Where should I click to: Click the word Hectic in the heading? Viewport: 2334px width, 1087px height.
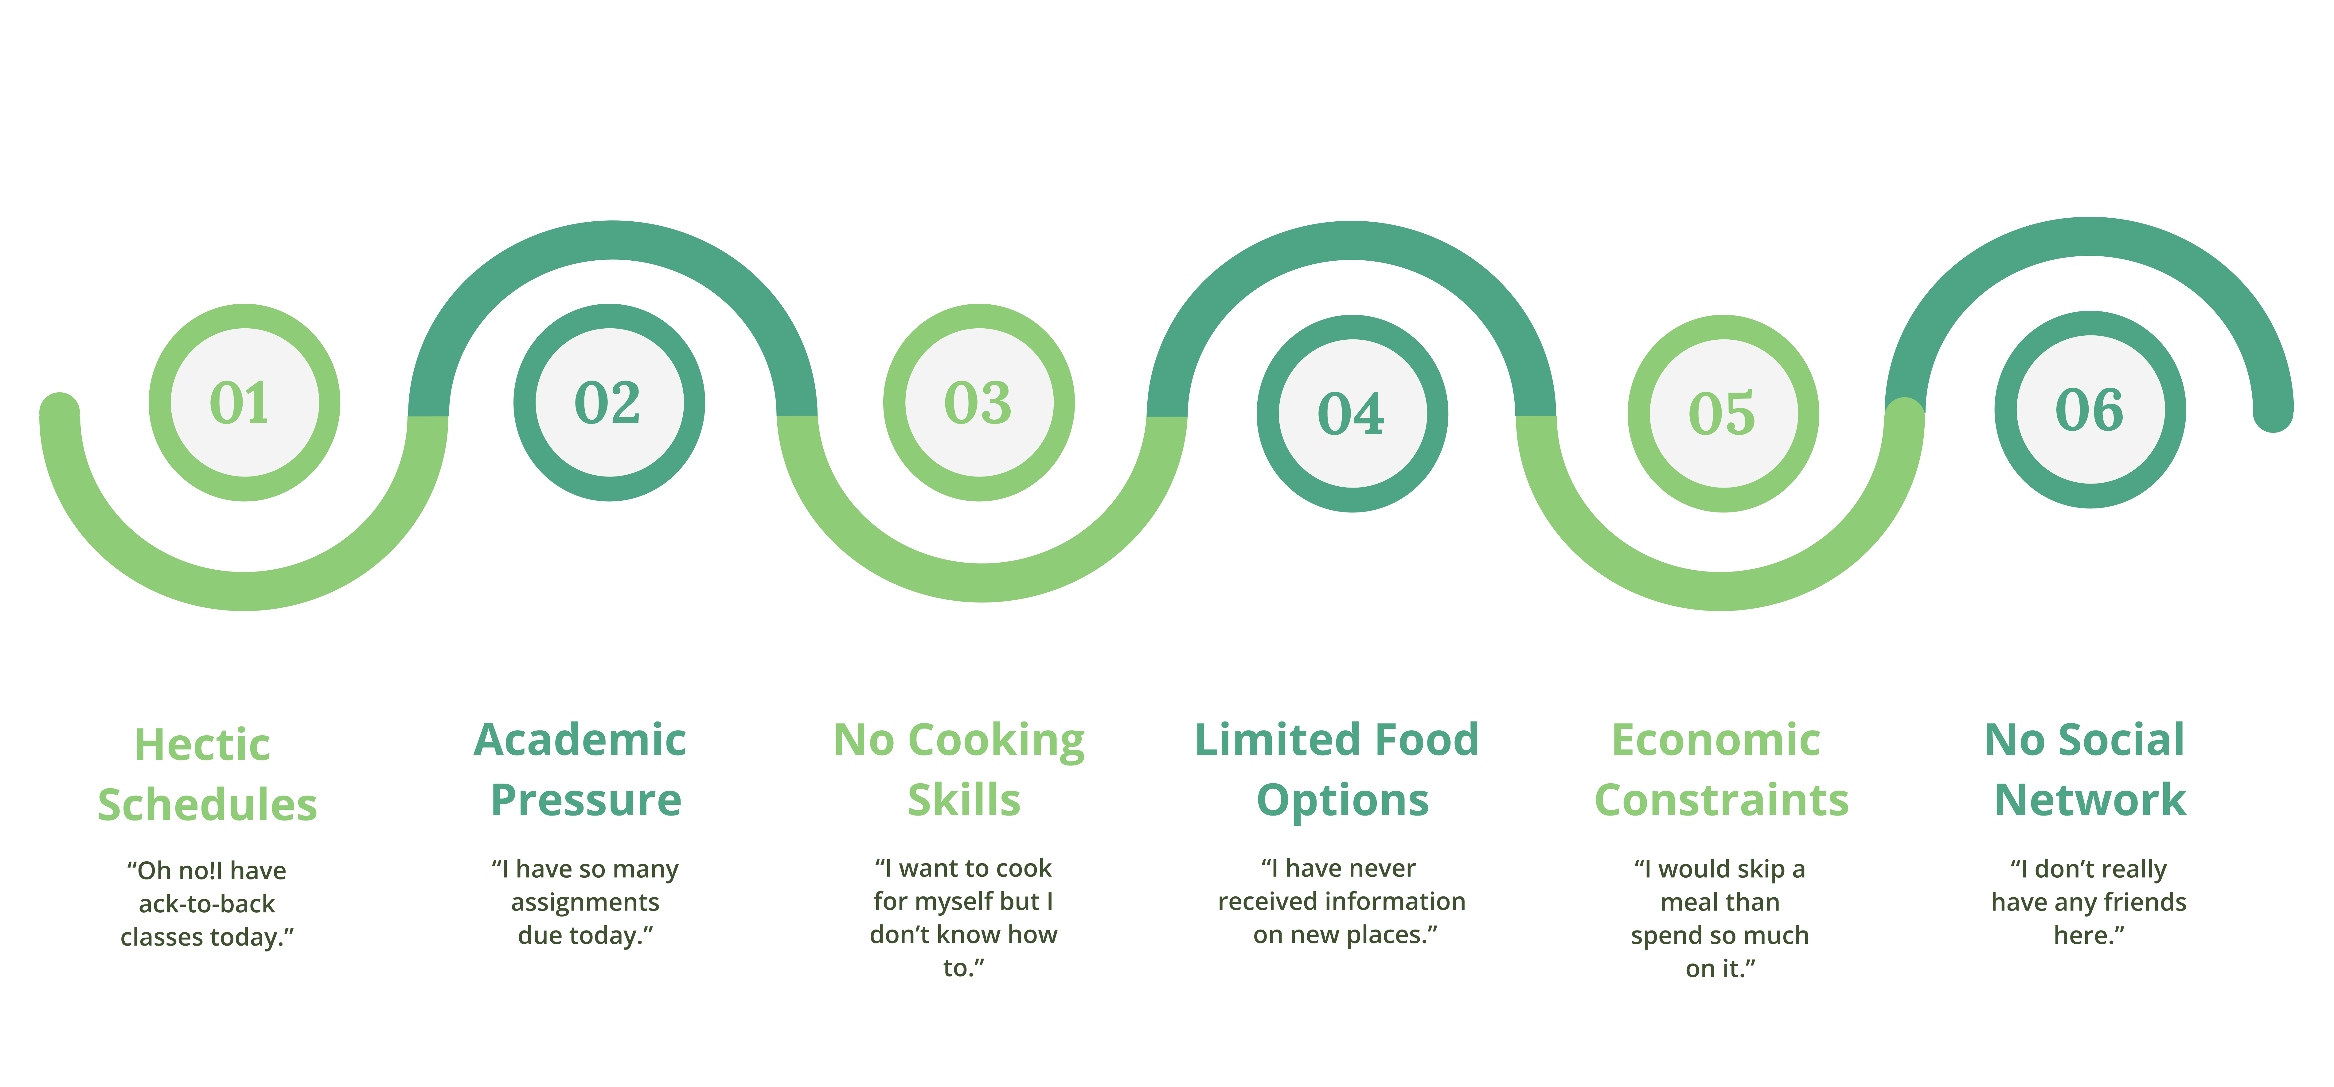pyautogui.click(x=202, y=745)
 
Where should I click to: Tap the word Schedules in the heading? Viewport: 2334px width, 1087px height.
pyautogui.click(x=208, y=804)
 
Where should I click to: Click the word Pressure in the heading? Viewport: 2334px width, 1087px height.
pyautogui.click(x=585, y=800)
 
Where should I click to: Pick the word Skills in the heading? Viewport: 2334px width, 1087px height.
pyautogui.click(x=964, y=800)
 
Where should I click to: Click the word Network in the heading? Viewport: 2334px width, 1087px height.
pyautogui.click(x=2090, y=800)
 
